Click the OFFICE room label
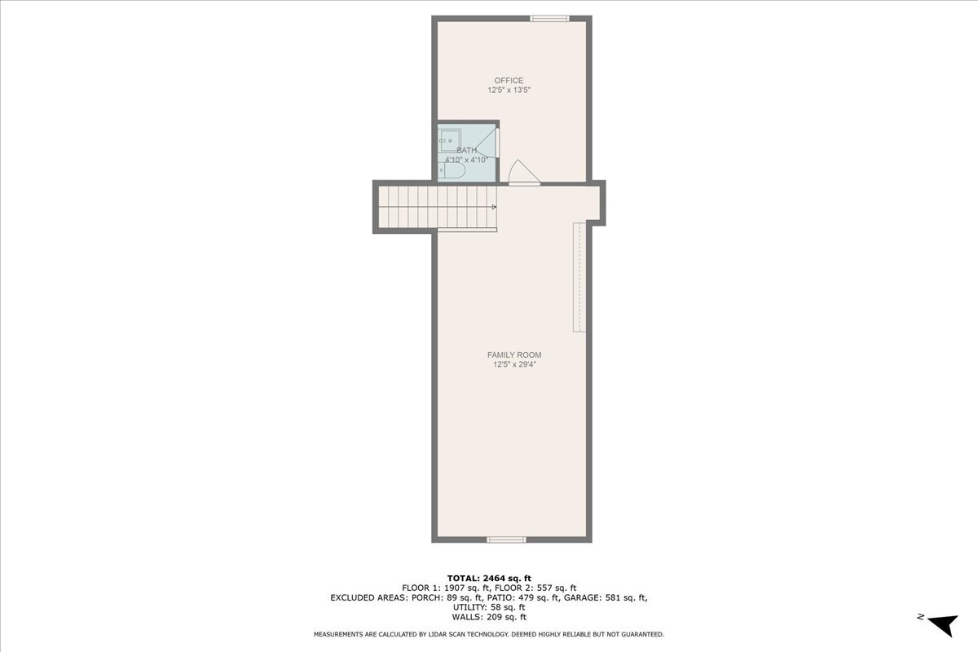[509, 80]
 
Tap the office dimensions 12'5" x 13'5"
[509, 90]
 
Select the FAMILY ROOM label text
[514, 355]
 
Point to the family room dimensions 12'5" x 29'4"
[514, 365]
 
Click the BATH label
[467, 150]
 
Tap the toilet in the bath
[452, 171]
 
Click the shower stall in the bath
[450, 139]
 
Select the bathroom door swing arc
[486, 144]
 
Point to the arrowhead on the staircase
[494, 207]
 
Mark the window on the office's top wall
[548, 18]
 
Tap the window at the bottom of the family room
[507, 539]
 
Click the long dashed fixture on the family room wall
[579, 277]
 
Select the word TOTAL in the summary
[461, 578]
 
